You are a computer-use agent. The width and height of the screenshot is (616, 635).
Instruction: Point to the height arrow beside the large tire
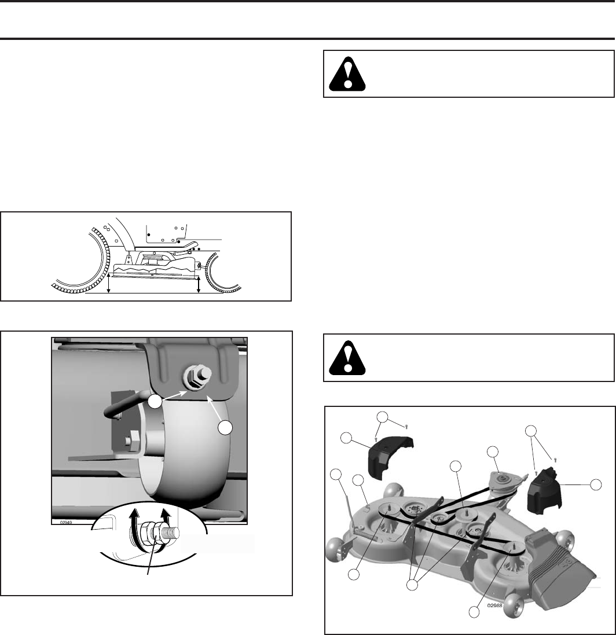(109, 284)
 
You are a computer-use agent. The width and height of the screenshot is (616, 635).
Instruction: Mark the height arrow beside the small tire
(199, 285)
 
